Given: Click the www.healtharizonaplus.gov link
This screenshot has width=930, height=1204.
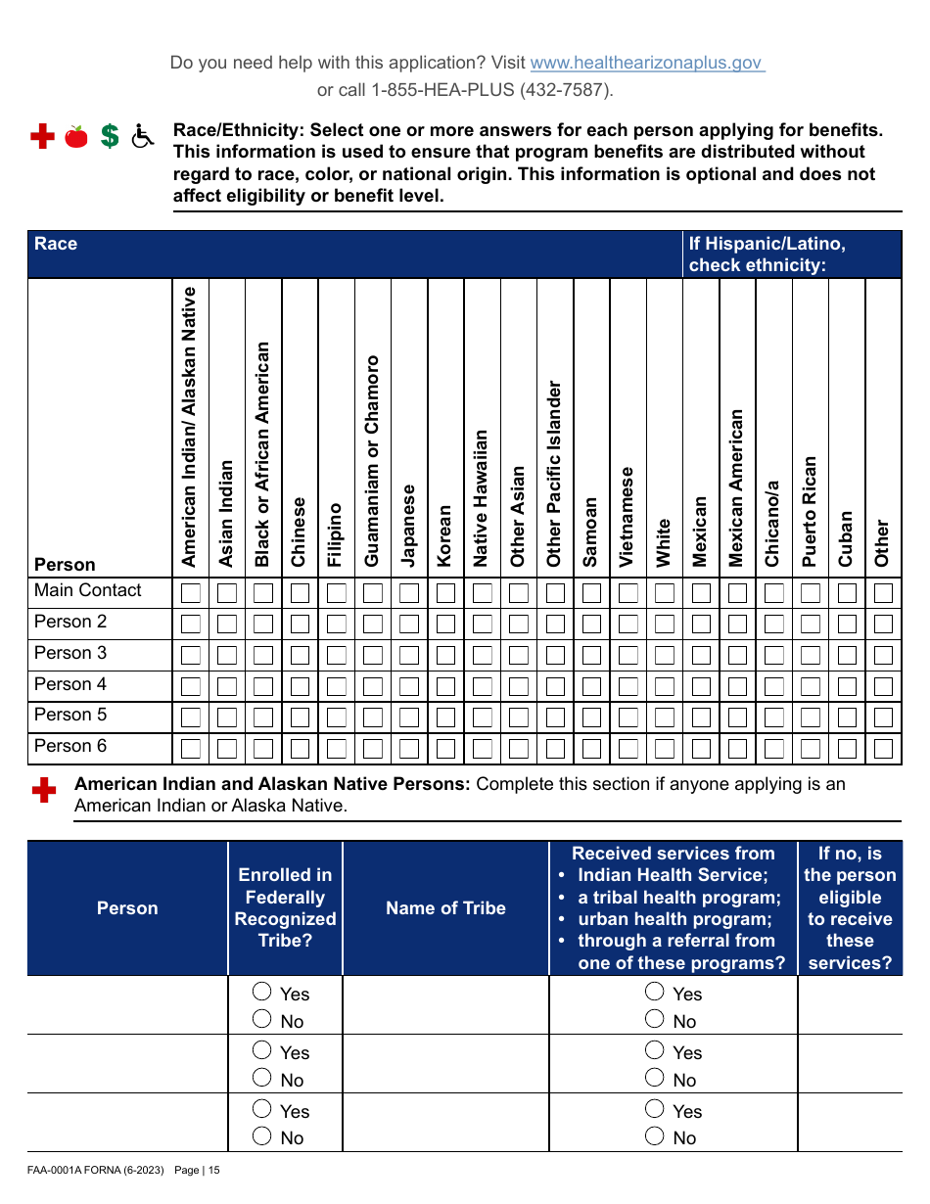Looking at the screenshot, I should [x=647, y=63].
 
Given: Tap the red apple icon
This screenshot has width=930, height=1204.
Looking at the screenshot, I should [x=75, y=137].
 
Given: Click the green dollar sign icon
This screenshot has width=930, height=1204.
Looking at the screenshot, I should [x=110, y=137].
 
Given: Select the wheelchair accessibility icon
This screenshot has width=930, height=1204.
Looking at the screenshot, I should [x=143, y=137].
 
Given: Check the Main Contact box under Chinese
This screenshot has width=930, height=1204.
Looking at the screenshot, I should [x=300, y=593].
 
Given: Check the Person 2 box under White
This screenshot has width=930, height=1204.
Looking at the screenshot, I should [x=665, y=625].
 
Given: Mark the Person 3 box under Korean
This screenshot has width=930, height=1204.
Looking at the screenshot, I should [x=445, y=656].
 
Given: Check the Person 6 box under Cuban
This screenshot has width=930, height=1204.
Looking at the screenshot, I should [x=847, y=750].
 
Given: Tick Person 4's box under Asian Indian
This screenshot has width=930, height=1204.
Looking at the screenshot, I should [x=227, y=687].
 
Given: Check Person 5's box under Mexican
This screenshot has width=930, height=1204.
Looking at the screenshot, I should [x=701, y=718].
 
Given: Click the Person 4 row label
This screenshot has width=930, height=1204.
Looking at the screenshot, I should [x=70, y=684].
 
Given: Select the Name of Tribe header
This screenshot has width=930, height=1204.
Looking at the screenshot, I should [x=445, y=908].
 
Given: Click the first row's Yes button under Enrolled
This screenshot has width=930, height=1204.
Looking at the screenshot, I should [x=262, y=991].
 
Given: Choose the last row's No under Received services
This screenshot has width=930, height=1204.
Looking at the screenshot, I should [x=655, y=1135].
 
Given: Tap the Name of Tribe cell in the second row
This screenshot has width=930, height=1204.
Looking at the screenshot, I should [x=445, y=1064].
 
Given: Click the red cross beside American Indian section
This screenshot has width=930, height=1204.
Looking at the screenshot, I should [x=42, y=791].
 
